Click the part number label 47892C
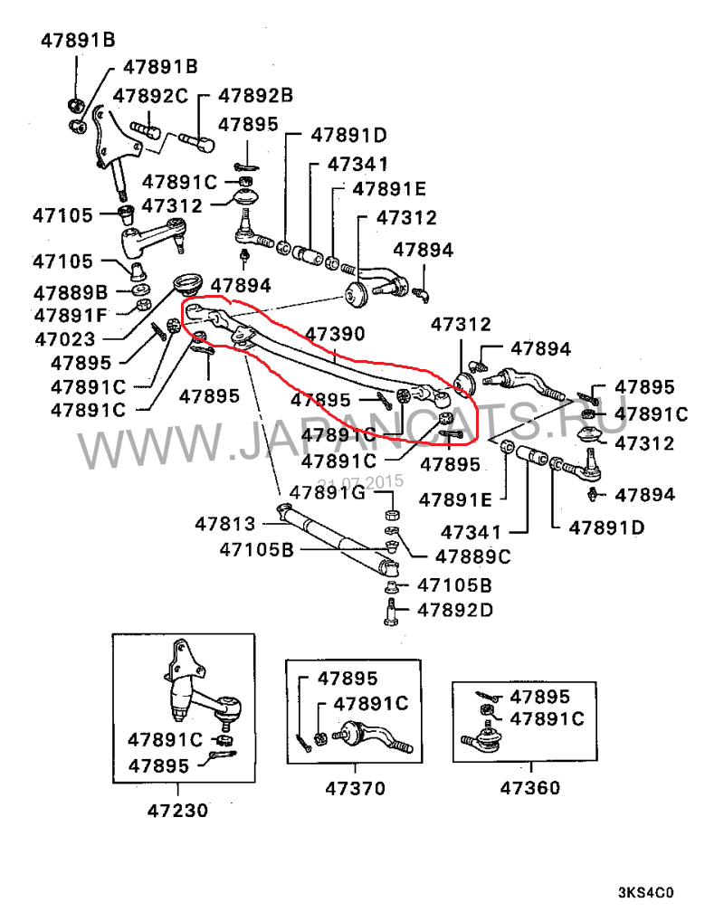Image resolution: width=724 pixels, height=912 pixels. click(x=150, y=96)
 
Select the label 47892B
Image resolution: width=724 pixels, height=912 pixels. click(x=256, y=95)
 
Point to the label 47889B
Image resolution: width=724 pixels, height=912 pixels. click(x=71, y=292)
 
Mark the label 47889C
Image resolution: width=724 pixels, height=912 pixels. click(x=473, y=556)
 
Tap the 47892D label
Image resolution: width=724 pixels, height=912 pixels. click(x=455, y=609)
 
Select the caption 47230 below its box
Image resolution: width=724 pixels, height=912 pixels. click(x=177, y=810)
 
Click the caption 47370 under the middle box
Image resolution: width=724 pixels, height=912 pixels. click(x=355, y=788)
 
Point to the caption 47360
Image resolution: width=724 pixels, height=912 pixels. click(x=529, y=788)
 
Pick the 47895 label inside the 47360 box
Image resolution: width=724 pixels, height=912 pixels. click(x=540, y=697)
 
